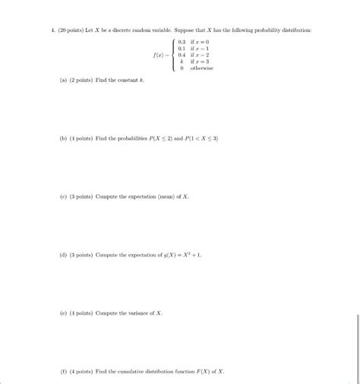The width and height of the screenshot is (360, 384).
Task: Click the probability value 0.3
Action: coord(181,42)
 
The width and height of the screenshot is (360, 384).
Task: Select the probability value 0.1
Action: coord(181,49)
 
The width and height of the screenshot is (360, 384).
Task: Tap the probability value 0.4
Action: coord(181,55)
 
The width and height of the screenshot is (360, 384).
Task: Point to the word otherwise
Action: coord(201,68)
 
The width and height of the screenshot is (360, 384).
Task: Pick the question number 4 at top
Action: coord(43,28)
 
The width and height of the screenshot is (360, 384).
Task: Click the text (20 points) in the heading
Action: coord(63,28)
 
